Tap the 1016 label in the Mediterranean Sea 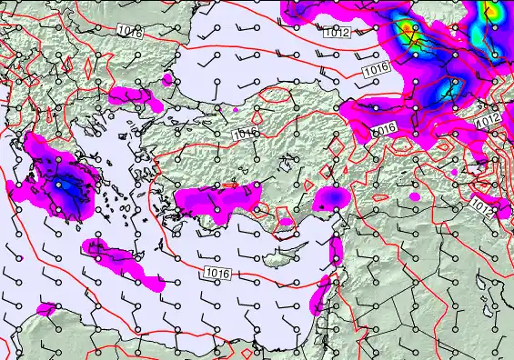217,273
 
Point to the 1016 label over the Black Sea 373,69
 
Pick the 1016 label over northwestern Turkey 244,134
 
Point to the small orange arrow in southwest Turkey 230,185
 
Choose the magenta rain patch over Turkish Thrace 130,94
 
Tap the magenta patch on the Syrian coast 337,247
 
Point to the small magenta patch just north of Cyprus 286,221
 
